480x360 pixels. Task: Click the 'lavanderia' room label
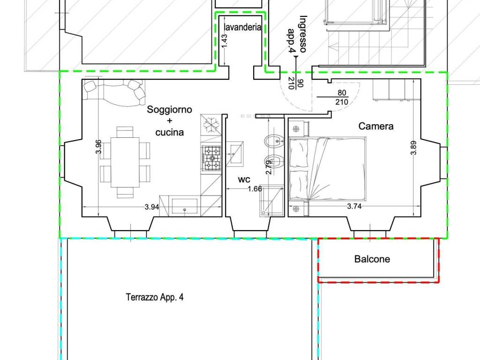pyautogui.click(x=242, y=27)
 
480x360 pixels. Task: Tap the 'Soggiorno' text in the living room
pyautogui.click(x=169, y=110)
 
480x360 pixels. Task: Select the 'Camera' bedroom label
pyautogui.click(x=376, y=126)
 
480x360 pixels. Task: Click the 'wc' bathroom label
pyautogui.click(x=243, y=179)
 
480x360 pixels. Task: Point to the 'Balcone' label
pyautogui.click(x=372, y=259)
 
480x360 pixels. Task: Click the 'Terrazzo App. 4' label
pyautogui.click(x=154, y=297)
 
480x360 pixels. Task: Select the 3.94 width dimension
pyautogui.click(x=151, y=207)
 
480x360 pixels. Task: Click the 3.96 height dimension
pyautogui.click(x=98, y=147)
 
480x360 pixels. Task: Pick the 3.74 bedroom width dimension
pyautogui.click(x=354, y=206)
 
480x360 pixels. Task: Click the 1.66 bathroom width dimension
pyautogui.click(x=255, y=189)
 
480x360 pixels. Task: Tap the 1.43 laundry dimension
pyautogui.click(x=225, y=41)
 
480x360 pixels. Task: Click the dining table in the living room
pyautogui.click(x=125, y=162)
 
